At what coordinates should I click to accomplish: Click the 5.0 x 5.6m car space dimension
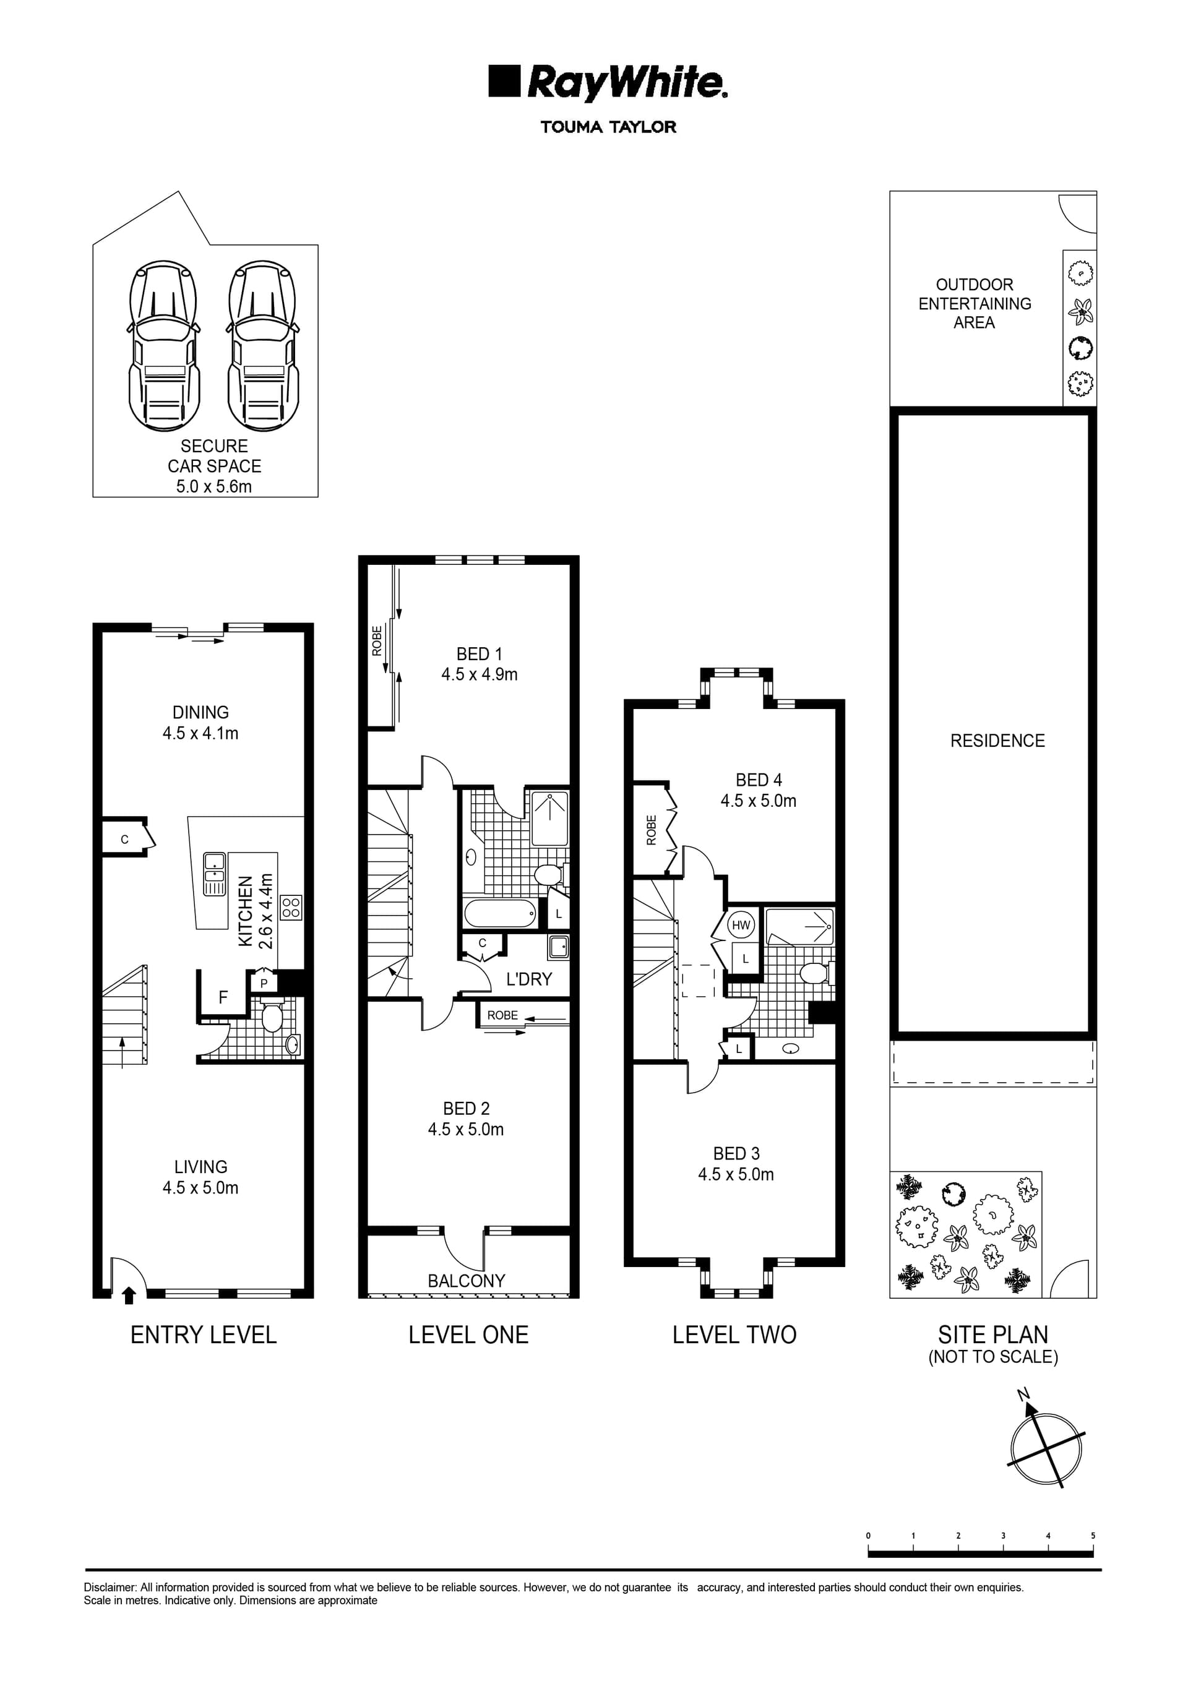[x=214, y=486]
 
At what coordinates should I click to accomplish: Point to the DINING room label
[x=200, y=712]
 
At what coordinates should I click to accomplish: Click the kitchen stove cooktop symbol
[x=291, y=908]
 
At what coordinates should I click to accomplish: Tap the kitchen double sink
[x=215, y=874]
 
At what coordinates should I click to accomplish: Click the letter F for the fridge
[x=223, y=997]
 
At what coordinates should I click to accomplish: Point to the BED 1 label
[x=479, y=654]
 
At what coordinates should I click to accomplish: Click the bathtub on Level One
[x=501, y=913]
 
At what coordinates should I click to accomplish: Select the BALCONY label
[x=467, y=1281]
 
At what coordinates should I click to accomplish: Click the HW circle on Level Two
[x=741, y=925]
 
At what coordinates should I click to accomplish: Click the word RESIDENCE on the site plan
[x=997, y=741]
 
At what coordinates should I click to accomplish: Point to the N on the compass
[x=1024, y=1394]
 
